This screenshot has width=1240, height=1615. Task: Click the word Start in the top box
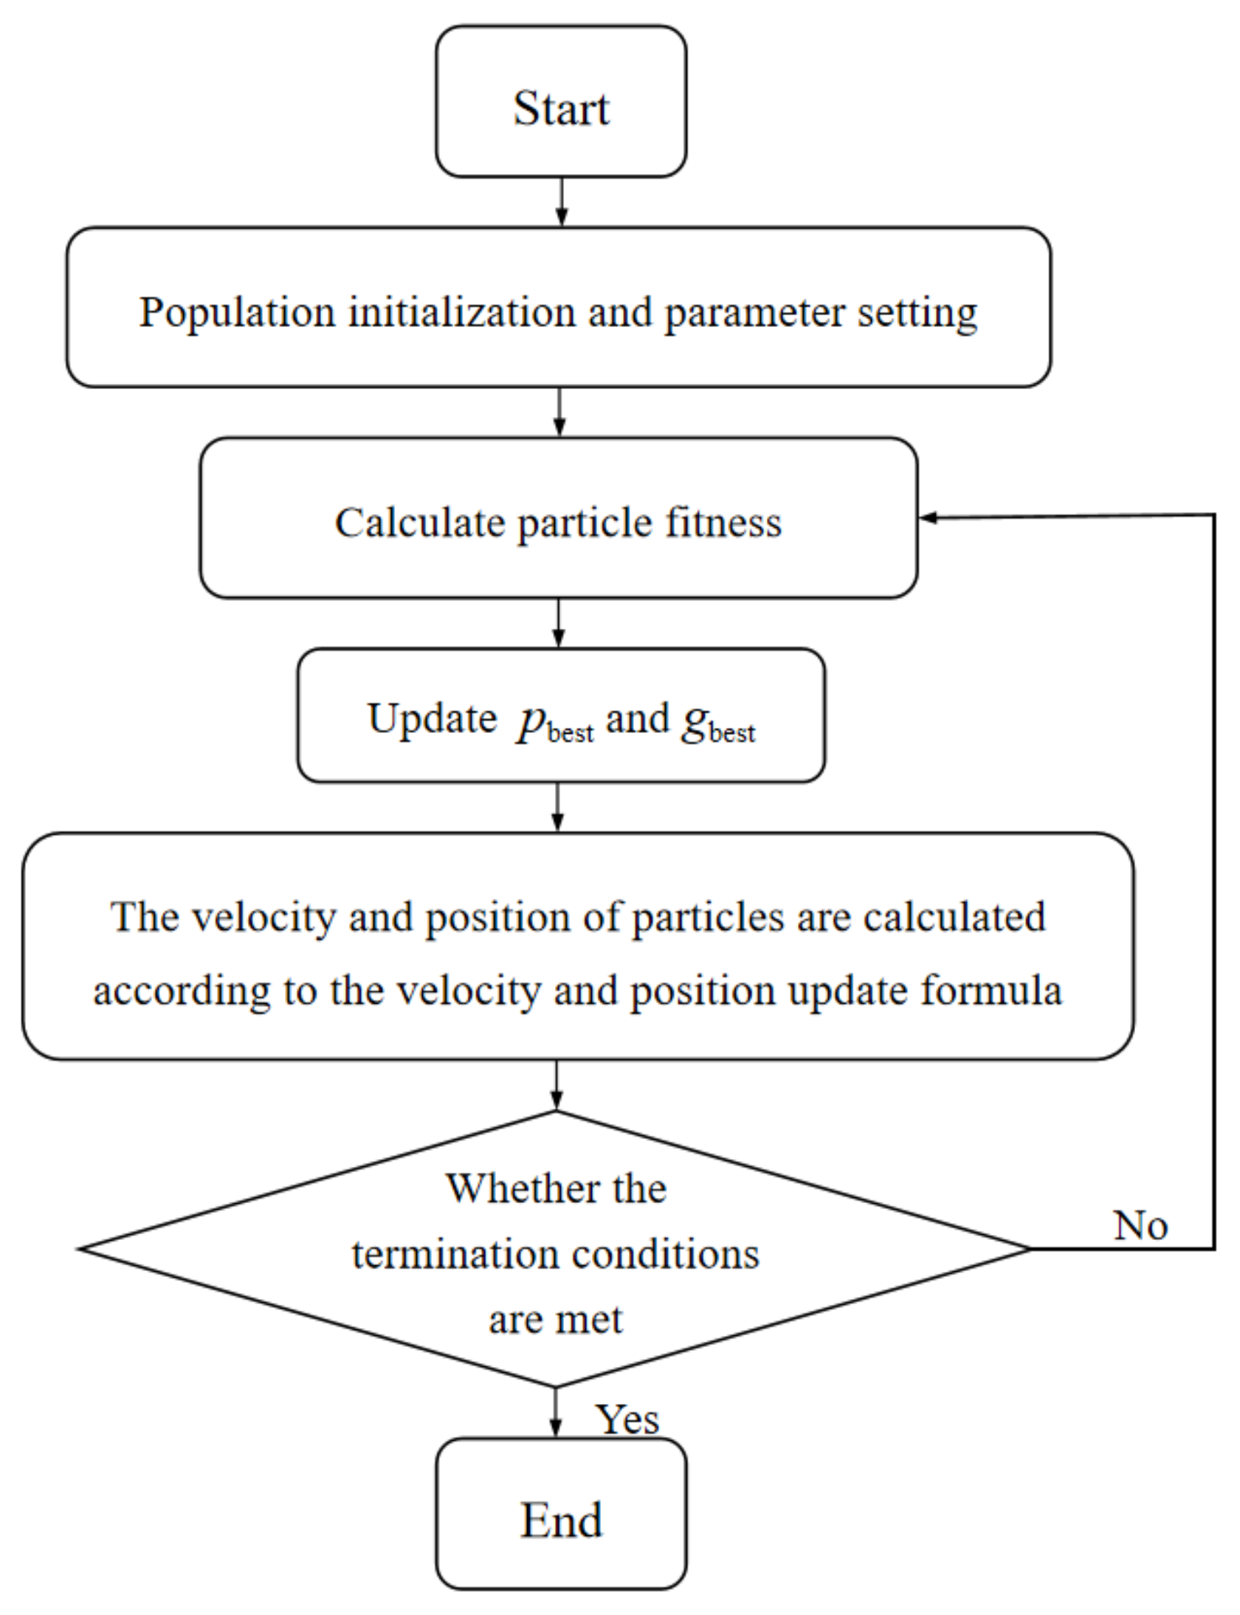(561, 109)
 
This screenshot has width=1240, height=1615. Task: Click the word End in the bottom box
(561, 1521)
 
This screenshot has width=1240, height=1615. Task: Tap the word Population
(237, 313)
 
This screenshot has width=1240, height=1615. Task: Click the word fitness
(723, 523)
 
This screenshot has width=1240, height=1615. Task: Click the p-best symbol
(554, 723)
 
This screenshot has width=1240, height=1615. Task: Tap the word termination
(454, 1255)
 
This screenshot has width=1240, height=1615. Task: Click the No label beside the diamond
(1140, 1225)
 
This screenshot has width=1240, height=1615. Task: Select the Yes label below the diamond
(627, 1419)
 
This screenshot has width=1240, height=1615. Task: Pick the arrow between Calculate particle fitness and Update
(558, 624)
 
